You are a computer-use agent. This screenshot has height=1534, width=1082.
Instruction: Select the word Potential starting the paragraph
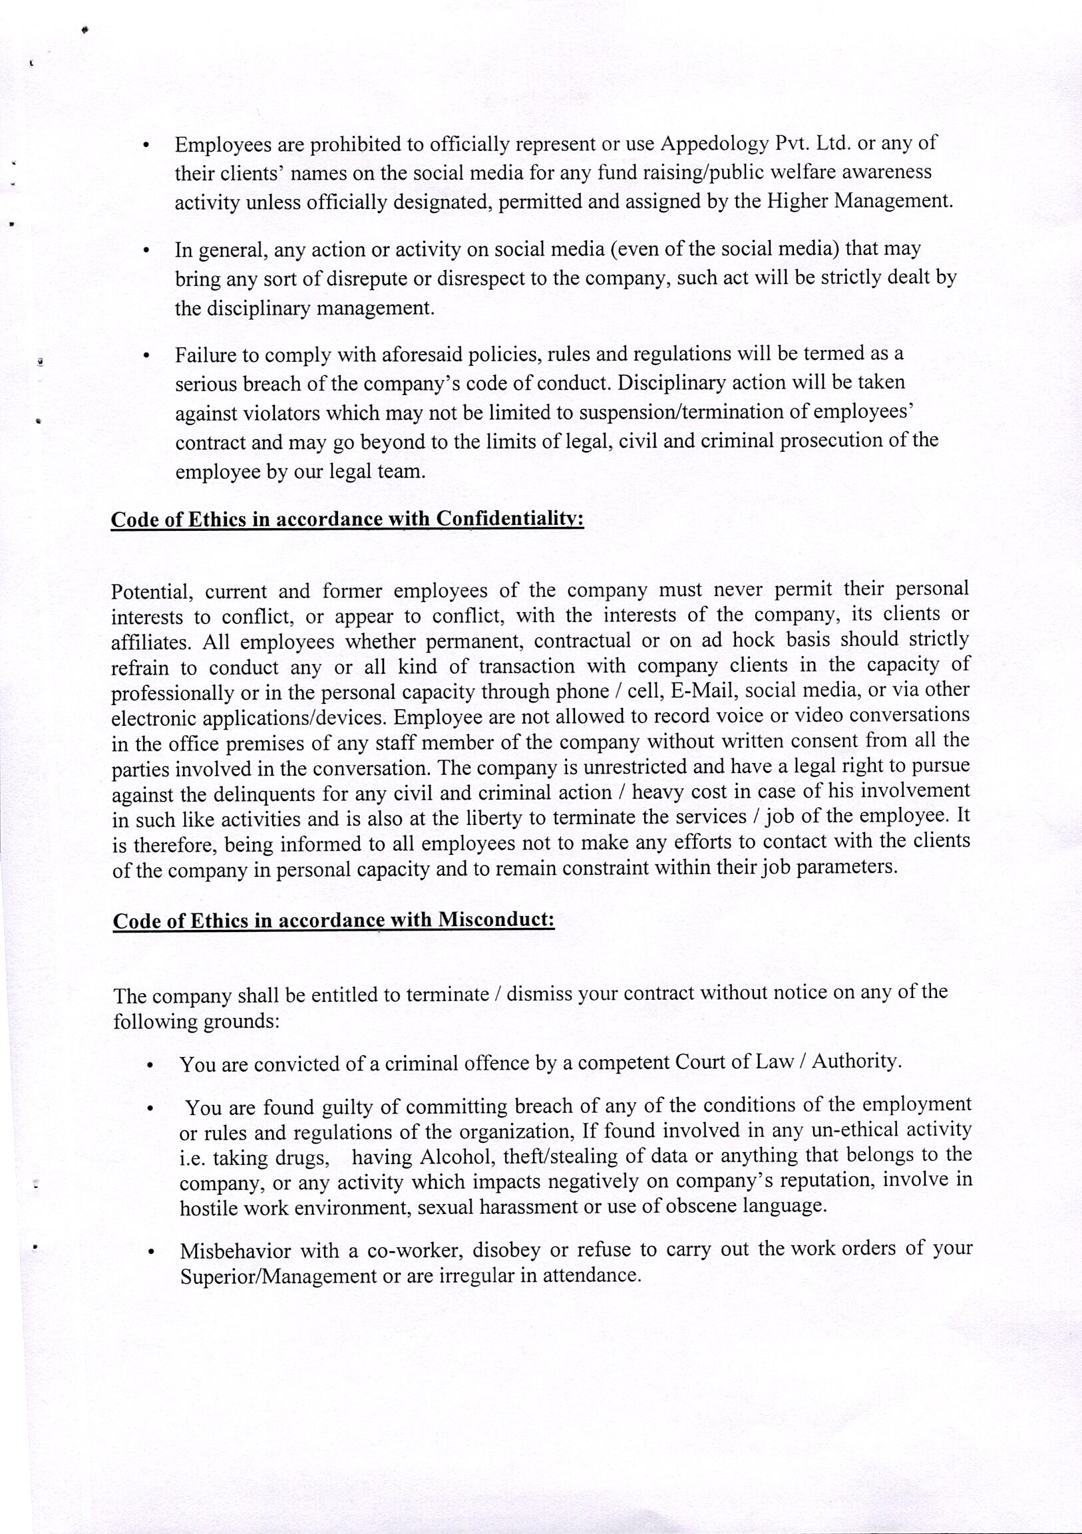click(x=152, y=592)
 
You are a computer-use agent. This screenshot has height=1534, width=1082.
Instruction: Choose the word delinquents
click(x=264, y=794)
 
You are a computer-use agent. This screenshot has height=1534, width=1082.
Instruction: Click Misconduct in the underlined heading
click(x=496, y=921)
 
